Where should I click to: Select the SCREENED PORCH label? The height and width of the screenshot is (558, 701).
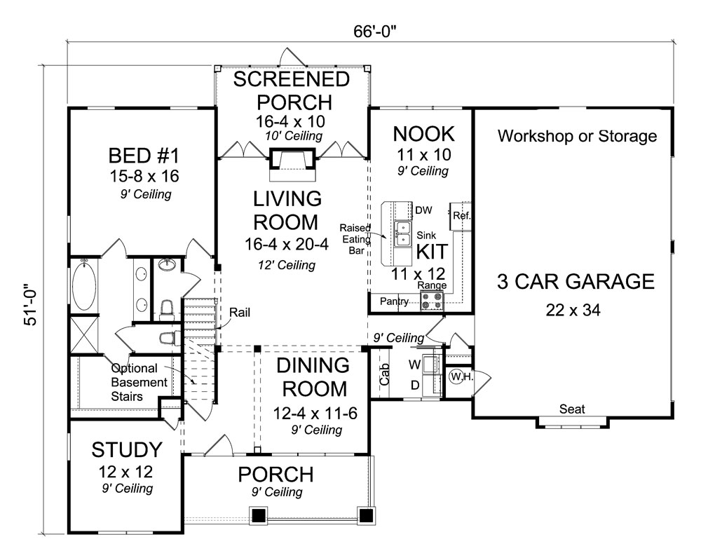[291, 90]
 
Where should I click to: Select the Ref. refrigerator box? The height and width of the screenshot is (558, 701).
[461, 216]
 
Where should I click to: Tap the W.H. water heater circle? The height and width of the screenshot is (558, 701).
[460, 376]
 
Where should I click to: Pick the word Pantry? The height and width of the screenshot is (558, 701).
[394, 301]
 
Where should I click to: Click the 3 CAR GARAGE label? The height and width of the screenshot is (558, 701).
[576, 282]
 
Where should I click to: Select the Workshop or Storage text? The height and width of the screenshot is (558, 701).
[577, 136]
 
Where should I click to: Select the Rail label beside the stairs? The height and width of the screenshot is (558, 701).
[243, 313]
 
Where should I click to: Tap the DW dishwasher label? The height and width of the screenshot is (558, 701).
[423, 210]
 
